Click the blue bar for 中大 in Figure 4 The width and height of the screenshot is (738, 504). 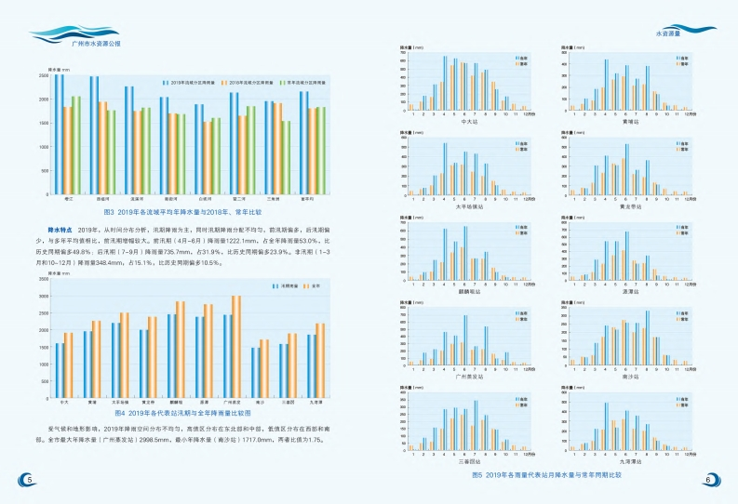[60, 370]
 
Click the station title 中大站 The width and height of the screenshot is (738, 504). [470, 121]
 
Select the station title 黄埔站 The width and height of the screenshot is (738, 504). [628, 121]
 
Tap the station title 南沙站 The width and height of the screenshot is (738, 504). [628, 377]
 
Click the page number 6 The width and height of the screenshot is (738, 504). [709, 480]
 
